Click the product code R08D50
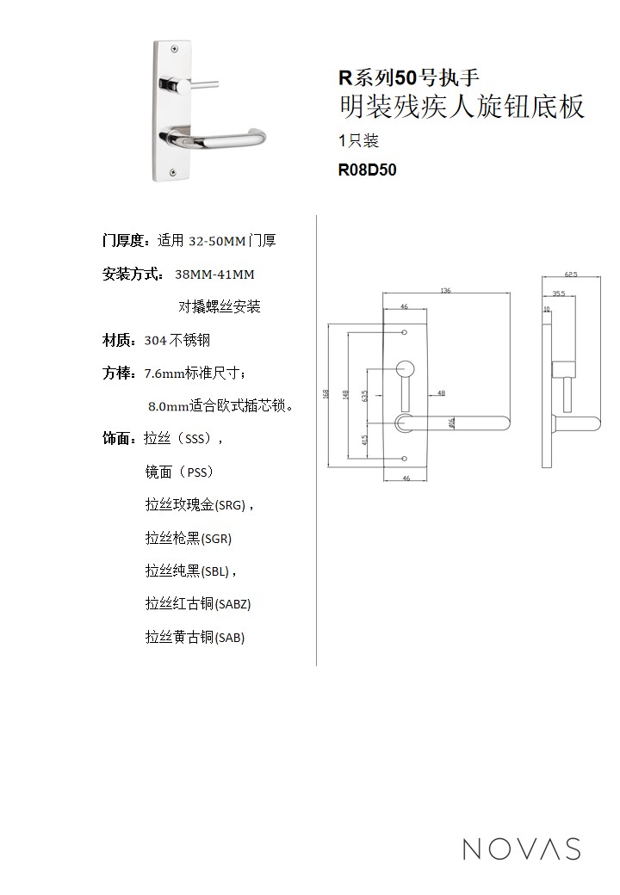tap(367, 170)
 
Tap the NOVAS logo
tap(521, 849)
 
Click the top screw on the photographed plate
tap(175, 48)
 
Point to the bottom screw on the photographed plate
tap(175, 171)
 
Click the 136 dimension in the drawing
tap(444, 292)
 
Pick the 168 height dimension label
tap(325, 394)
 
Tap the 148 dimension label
tap(344, 394)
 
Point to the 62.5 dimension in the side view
tap(570, 275)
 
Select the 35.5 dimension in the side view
tap(558, 293)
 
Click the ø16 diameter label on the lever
tap(451, 422)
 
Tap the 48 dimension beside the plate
tap(441, 392)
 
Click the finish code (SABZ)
tap(232, 604)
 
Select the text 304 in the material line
tap(155, 341)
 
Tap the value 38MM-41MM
tap(214, 275)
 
